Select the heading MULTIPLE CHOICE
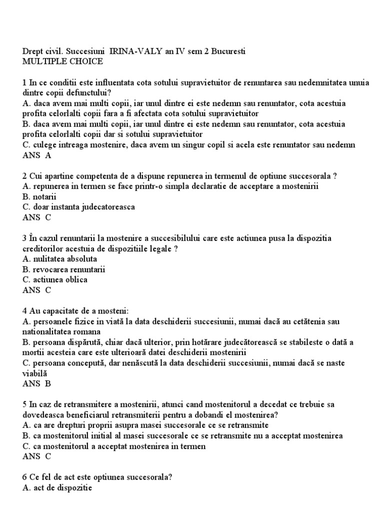point(63,61)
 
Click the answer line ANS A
point(37,155)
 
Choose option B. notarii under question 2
point(40,196)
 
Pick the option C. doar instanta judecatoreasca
point(78,206)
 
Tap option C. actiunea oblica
point(55,279)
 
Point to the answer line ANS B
point(37,384)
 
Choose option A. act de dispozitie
point(57,487)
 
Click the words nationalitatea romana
point(61,331)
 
